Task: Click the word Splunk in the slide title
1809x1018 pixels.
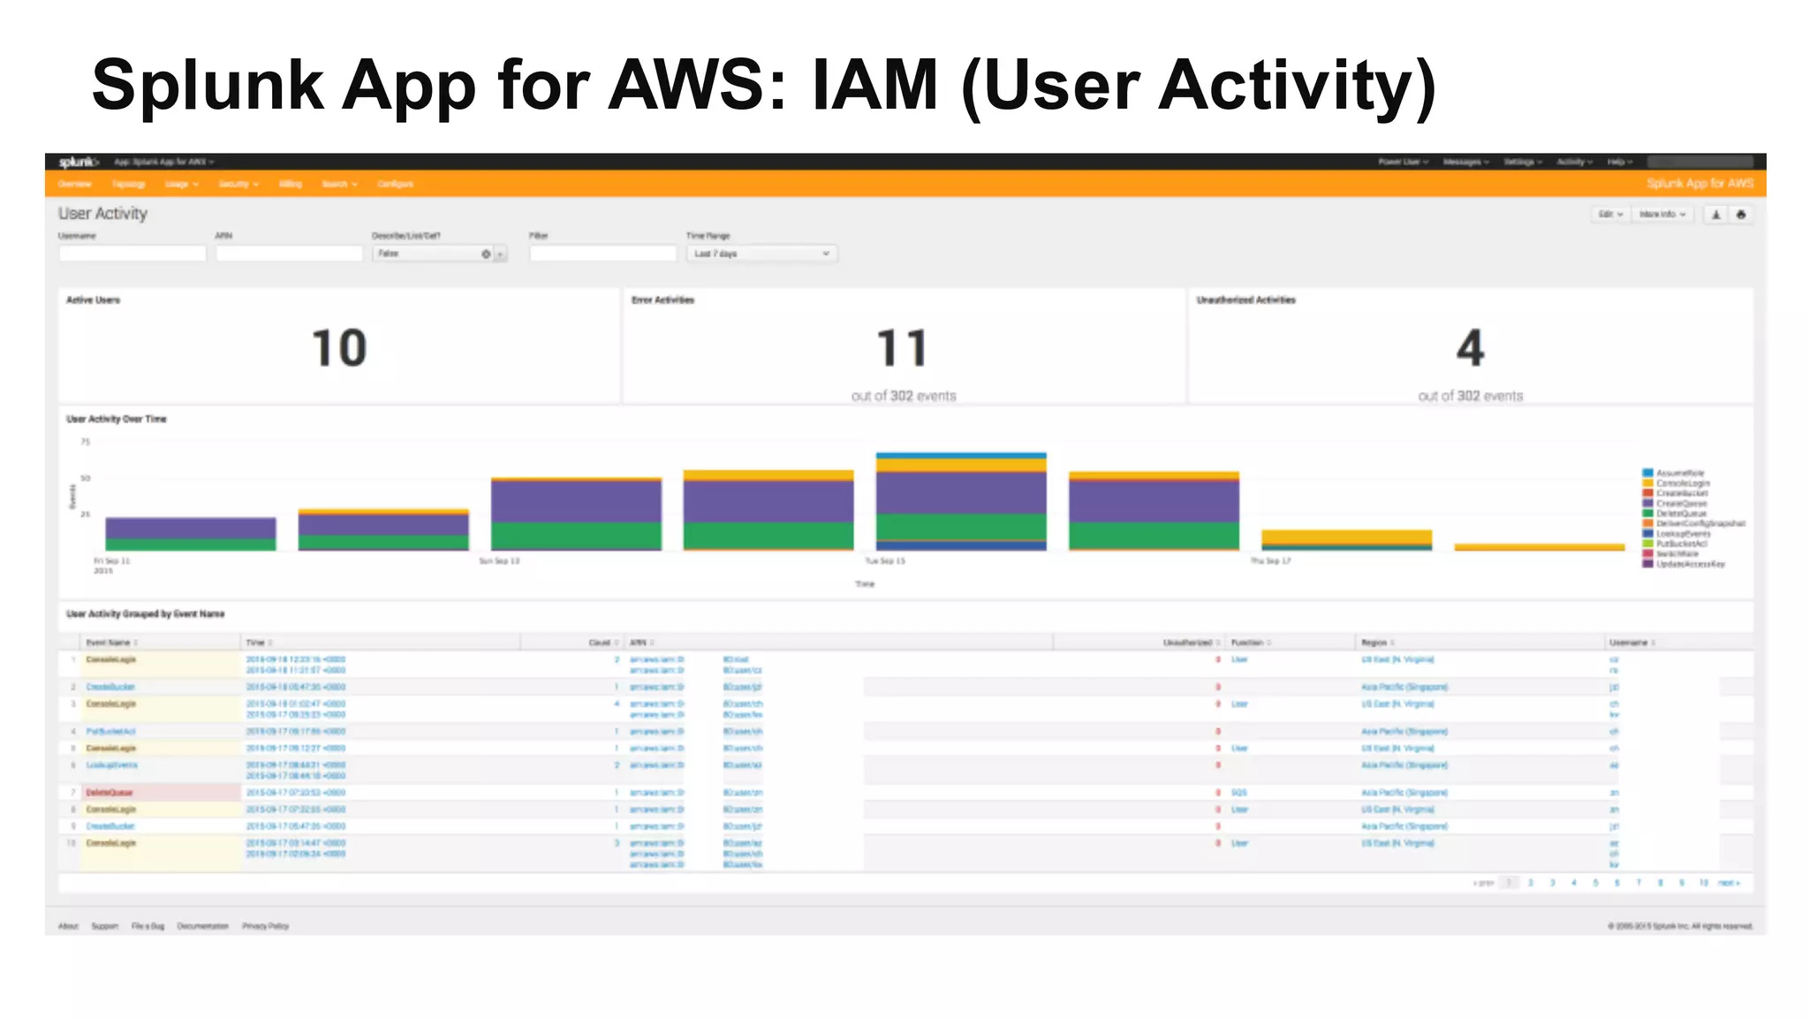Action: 208,87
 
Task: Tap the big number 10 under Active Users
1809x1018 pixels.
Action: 339,348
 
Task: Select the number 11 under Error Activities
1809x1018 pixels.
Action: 902,348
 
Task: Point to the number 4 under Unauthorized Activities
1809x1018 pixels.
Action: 1470,348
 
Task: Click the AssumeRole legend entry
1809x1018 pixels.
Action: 1679,474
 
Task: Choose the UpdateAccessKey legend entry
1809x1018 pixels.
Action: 1689,564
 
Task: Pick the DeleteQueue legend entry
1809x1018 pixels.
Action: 1680,513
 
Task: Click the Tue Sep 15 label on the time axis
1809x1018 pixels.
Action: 884,561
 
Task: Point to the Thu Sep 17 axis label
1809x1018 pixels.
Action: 1270,561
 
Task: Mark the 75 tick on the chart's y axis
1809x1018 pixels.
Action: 86,442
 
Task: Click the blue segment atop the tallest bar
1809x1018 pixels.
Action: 961,456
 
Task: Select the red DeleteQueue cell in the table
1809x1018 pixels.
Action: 110,793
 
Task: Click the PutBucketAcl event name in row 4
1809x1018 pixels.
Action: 110,732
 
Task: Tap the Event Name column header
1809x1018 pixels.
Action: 109,642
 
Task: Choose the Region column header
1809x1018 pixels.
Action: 1374,642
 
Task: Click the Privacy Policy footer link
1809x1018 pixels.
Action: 265,926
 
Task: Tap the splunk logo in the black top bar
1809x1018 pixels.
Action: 78,162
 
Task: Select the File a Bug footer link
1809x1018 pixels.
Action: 148,926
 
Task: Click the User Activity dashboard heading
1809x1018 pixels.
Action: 102,214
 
